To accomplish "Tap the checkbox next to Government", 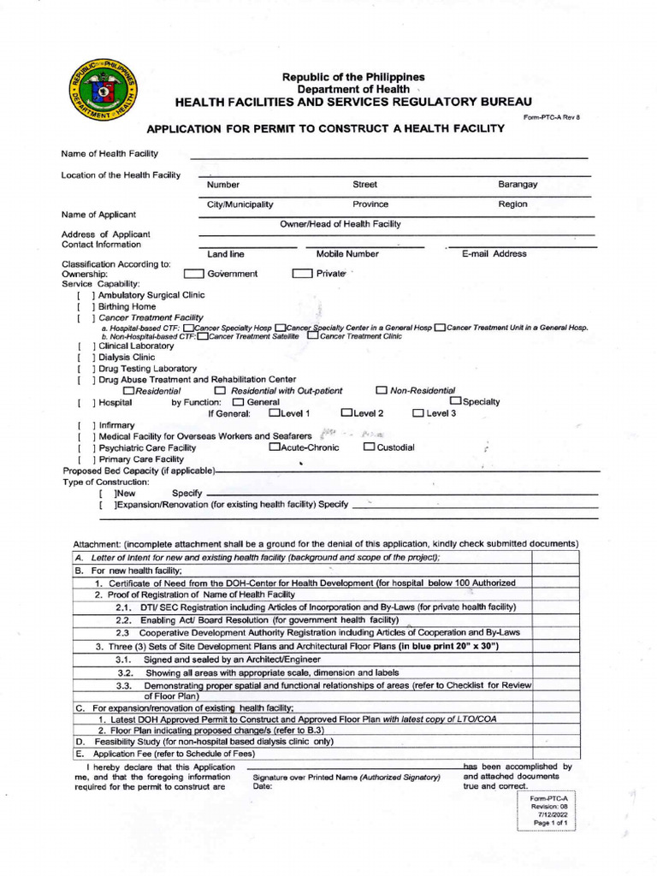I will tap(194, 274).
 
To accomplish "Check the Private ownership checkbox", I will tap(302, 274).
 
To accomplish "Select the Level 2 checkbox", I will tap(346, 414).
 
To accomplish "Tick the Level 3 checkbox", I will tap(418, 414).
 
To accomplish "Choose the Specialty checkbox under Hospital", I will tap(456, 402).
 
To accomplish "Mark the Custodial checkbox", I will tap(369, 447).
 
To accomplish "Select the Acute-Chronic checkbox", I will tap(275, 447).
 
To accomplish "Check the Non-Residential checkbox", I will tap(382, 391).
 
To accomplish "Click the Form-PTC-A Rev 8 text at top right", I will tap(552, 116).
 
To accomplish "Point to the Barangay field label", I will tap(518, 184).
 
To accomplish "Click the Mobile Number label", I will tap(347, 254).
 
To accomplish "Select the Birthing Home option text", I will tap(127, 306).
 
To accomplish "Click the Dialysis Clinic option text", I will tap(127, 358).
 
